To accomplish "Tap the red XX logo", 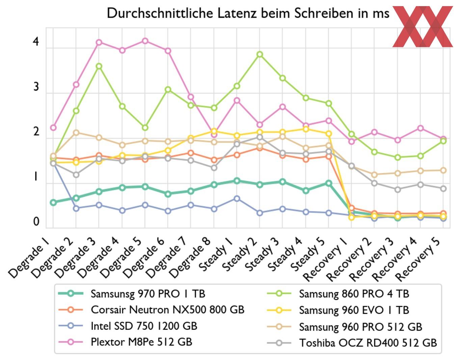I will (x=422, y=27).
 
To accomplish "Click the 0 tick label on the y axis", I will (x=36, y=222).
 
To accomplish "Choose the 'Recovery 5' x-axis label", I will (x=420, y=259).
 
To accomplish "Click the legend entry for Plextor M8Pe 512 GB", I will (x=141, y=342).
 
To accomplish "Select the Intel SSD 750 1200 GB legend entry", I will (x=144, y=326).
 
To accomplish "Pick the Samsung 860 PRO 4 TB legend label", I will (x=354, y=294).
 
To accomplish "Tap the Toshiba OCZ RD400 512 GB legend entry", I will (x=368, y=343).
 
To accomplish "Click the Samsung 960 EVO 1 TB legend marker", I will (x=279, y=310).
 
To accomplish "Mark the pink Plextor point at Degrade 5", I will (x=145, y=41).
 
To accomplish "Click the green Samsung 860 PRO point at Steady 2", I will (x=260, y=54).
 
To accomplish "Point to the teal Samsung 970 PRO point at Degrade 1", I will (x=53, y=202).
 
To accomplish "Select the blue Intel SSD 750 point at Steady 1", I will (x=237, y=199).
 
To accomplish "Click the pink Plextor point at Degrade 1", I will (x=53, y=128).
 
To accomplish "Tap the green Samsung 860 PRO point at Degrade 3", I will (x=99, y=66).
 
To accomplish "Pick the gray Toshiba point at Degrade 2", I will (x=76, y=175).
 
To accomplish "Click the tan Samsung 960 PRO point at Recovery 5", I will (x=443, y=170).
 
